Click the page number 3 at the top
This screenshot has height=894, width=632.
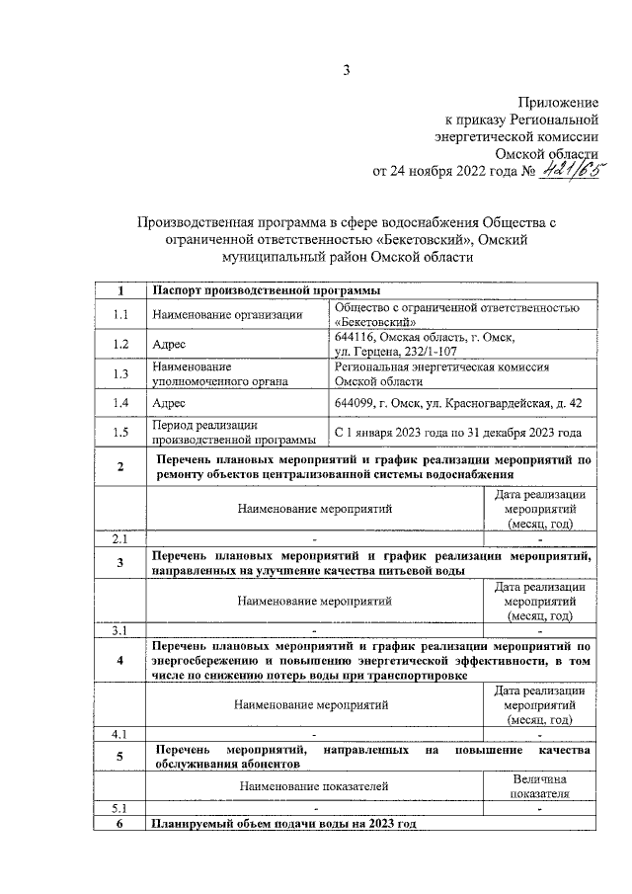346,69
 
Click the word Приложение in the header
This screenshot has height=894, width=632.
560,103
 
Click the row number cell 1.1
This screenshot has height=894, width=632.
120,315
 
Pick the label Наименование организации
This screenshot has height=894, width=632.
226,315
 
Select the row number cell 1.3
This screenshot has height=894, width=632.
120,373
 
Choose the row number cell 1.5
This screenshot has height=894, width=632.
120,432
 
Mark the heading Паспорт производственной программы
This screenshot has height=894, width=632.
264,291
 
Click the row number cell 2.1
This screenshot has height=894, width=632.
120,539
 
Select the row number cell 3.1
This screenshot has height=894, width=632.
120,629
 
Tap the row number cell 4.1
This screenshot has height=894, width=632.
120,734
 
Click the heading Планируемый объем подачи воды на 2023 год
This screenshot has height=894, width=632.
283,824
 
